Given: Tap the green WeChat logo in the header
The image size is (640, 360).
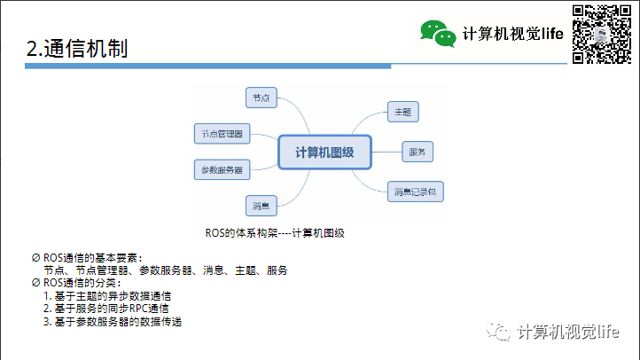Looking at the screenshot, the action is click(x=438, y=33).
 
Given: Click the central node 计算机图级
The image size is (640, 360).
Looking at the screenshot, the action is click(x=324, y=152).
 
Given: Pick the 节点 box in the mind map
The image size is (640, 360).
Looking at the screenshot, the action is click(x=261, y=98).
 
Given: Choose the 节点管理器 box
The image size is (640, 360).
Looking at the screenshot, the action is click(x=222, y=134).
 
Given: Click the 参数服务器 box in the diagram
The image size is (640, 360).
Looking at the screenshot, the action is click(x=222, y=168).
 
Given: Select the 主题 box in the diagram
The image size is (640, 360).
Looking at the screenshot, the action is click(x=402, y=112).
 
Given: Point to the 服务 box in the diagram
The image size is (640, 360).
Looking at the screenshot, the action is click(x=417, y=153).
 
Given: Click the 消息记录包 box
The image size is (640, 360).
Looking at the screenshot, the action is click(x=415, y=191).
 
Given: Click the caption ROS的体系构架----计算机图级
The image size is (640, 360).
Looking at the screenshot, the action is click(x=274, y=233).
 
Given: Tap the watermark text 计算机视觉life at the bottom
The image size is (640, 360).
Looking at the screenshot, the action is click(x=567, y=332).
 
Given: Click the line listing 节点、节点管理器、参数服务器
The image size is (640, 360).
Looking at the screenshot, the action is click(x=165, y=270).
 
